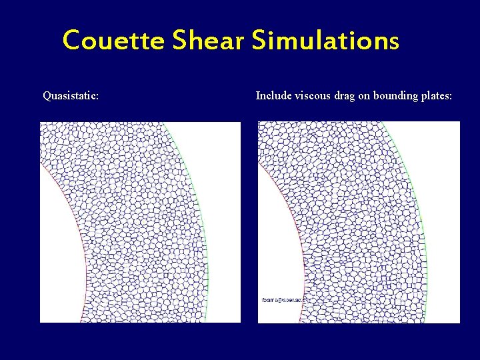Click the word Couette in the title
pyautogui.click(x=113, y=41)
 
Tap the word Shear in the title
pyautogui.click(x=209, y=41)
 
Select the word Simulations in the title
pyautogui.click(x=325, y=41)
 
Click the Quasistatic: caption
pyautogui.click(x=71, y=96)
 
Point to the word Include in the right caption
pyautogui.click(x=273, y=96)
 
